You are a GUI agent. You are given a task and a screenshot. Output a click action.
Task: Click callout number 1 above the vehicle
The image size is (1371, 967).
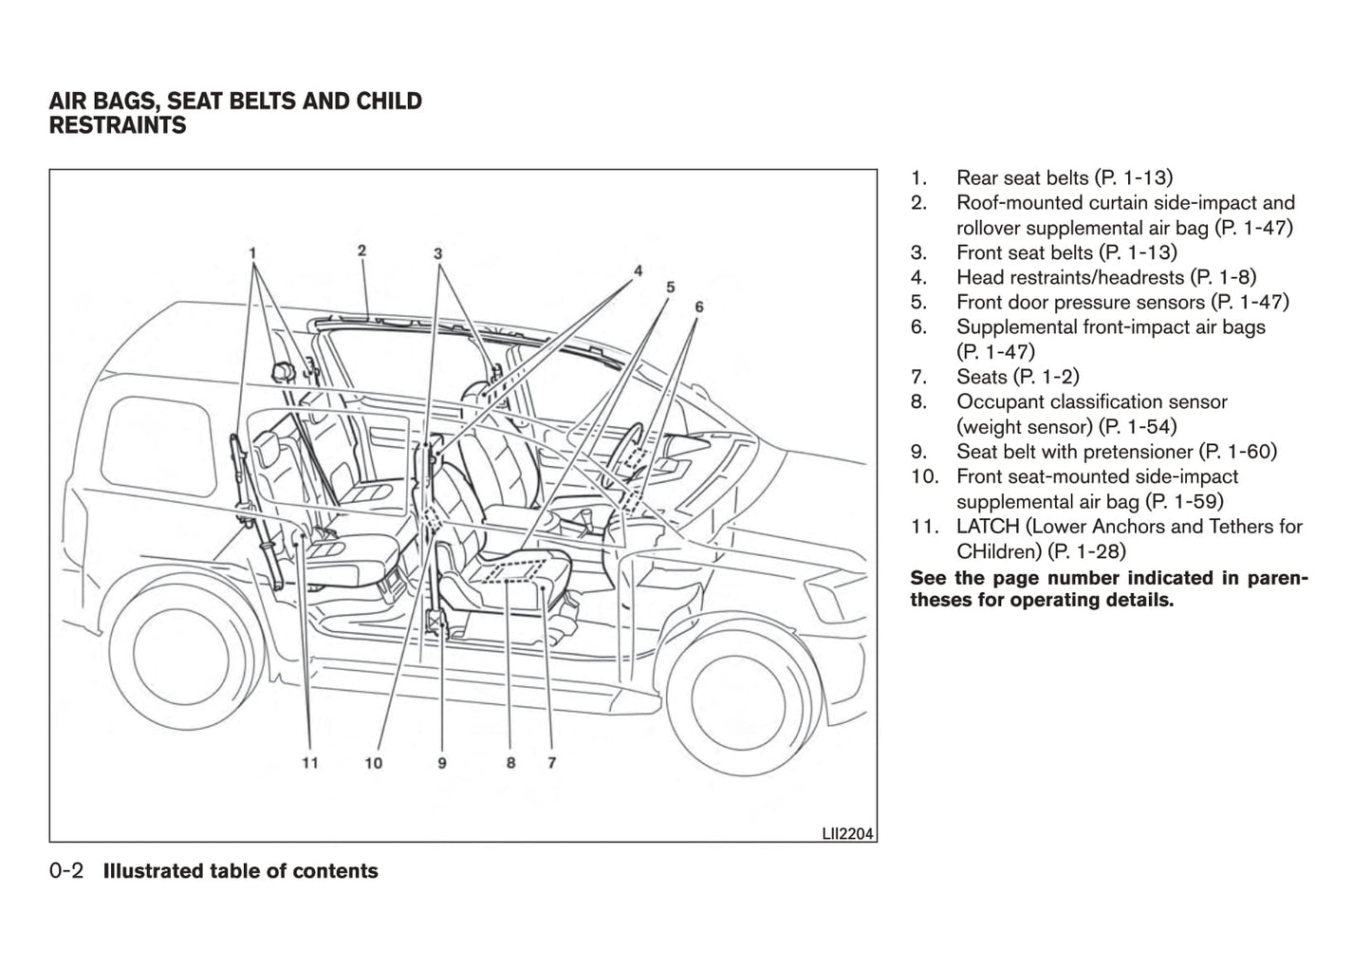(252, 253)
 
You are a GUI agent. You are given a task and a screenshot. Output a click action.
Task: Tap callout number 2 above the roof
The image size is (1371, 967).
(362, 251)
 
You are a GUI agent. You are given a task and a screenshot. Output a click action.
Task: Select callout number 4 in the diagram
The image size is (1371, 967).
(639, 270)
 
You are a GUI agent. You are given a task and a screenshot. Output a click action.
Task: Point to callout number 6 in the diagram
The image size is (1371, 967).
(699, 307)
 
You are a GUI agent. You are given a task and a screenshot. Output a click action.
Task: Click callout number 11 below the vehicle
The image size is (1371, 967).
(310, 762)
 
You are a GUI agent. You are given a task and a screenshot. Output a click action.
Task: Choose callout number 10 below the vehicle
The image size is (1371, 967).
(374, 762)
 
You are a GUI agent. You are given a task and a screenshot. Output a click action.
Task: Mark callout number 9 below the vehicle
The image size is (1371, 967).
(442, 762)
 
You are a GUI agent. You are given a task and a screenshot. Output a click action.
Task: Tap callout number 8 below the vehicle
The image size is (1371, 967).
(510, 762)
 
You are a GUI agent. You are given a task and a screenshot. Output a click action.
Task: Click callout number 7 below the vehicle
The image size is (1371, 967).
(551, 762)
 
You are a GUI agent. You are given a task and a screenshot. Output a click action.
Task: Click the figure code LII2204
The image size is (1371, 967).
(848, 834)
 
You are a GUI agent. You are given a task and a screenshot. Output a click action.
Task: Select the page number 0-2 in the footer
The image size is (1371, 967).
(67, 871)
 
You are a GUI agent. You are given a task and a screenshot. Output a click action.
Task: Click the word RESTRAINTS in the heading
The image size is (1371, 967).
(118, 125)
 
